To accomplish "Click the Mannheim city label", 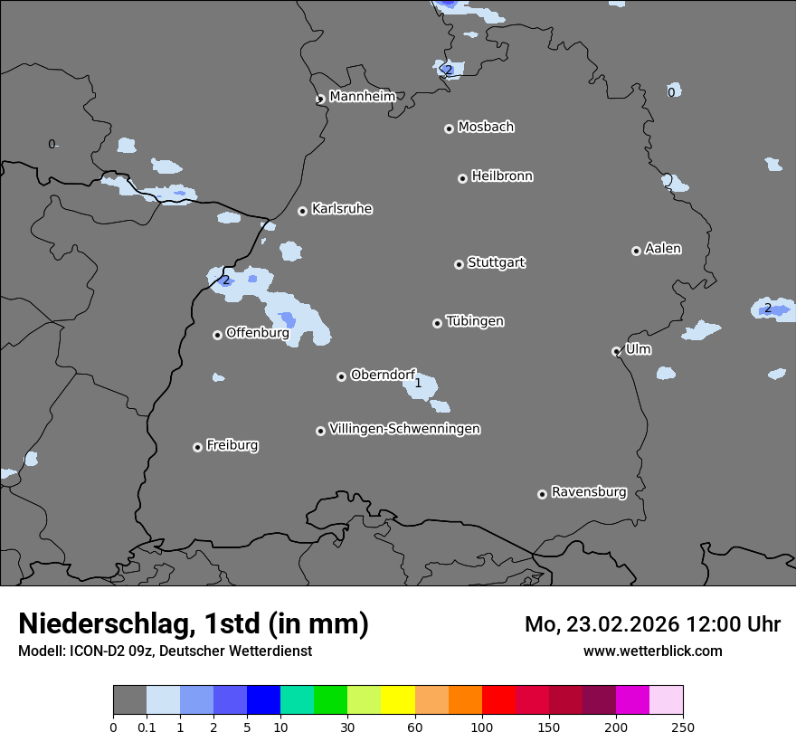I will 362,97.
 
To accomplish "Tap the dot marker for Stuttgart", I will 459,264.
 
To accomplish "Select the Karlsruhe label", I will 342,209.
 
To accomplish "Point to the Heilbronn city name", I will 502,176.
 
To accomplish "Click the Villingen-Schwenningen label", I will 404,429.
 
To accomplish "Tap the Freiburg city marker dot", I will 197,447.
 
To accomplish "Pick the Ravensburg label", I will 589,492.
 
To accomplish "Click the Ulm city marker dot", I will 616,351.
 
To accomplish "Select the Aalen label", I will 663,249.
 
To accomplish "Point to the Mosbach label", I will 486,128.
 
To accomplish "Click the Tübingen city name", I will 475,321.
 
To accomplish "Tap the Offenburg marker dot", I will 217,335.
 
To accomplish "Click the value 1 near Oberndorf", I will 418,384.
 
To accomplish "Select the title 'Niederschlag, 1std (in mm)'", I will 194,623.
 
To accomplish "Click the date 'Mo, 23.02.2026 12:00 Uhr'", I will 652,624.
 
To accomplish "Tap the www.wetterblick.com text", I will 652,651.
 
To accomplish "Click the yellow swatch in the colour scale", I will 398,700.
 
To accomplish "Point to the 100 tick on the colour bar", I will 482,726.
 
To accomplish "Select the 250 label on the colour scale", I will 683,726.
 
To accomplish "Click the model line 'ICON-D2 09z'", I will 165,651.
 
